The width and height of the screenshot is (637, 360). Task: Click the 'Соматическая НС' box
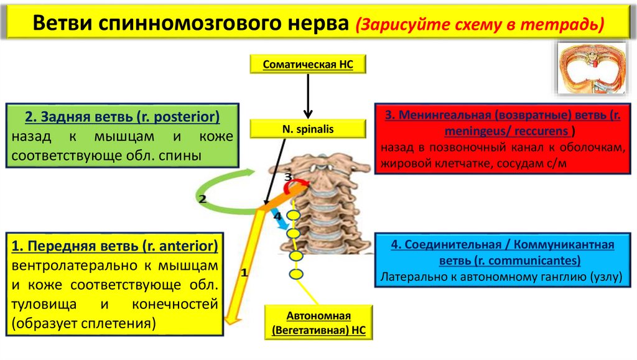(x=307, y=64)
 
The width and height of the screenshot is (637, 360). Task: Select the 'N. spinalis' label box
(x=307, y=130)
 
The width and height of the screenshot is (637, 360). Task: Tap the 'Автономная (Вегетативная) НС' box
(x=319, y=323)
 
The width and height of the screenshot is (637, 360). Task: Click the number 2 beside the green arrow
(x=202, y=200)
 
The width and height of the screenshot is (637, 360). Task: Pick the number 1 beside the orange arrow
(x=244, y=272)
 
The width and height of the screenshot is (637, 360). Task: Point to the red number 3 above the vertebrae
(x=287, y=178)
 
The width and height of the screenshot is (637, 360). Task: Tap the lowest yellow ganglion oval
(x=297, y=274)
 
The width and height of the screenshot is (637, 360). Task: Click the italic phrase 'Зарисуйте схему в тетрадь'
(x=480, y=25)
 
